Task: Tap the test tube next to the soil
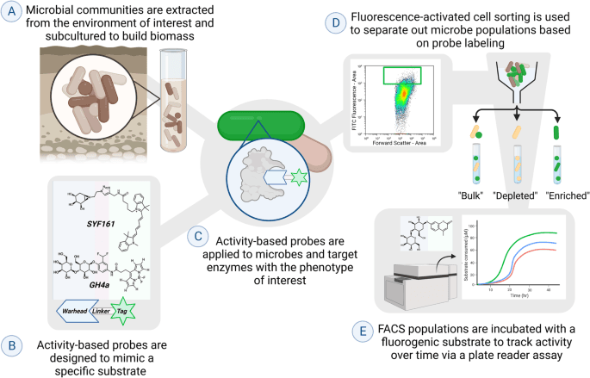tap(179, 99)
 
